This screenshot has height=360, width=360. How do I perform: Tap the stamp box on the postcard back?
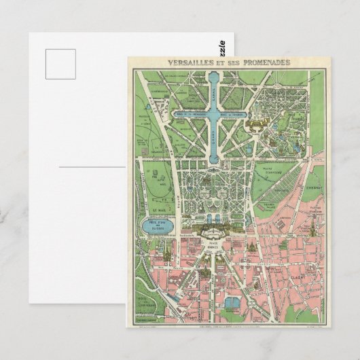pos(60,66)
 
